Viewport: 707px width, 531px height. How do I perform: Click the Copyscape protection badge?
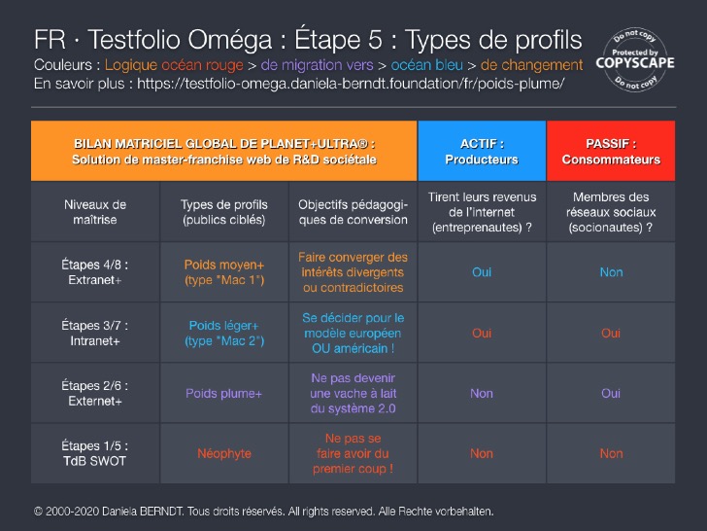coord(638,57)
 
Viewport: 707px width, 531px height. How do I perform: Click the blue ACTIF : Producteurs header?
coord(482,151)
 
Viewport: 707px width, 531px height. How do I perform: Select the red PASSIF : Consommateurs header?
coord(611,151)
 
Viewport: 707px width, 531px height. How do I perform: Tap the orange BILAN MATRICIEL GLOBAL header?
coord(224,151)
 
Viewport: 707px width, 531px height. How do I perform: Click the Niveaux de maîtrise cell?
coord(95,212)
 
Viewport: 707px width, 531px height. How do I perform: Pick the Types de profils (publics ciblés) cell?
coord(223,212)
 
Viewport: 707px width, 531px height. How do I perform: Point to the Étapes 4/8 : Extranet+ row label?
coord(95,272)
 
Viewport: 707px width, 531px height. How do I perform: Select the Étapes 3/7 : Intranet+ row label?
coord(95,333)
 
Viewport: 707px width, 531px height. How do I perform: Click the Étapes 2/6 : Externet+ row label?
coord(95,393)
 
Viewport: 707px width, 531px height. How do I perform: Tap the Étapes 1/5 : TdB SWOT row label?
coord(95,453)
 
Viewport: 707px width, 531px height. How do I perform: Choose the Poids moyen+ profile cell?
coord(223,272)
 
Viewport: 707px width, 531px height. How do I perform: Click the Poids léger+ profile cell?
coord(223,333)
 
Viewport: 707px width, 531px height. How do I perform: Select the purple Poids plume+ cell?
coord(223,394)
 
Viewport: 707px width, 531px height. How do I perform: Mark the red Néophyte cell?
coord(223,453)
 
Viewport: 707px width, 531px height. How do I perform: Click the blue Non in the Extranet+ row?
coord(611,272)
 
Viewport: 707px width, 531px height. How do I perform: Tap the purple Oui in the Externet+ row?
coord(611,394)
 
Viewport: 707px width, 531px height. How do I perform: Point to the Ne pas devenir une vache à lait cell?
coord(353,393)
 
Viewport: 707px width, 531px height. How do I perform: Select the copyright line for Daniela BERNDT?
coord(263,511)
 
